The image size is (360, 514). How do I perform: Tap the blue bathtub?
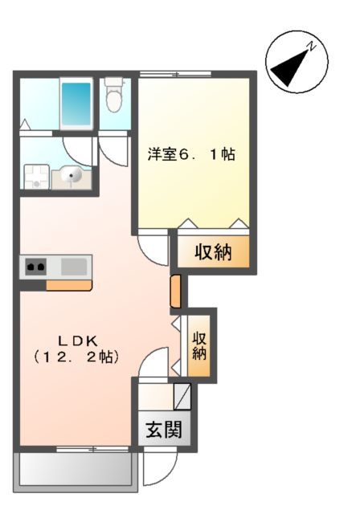(77, 103)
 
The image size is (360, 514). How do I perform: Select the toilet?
(113, 97)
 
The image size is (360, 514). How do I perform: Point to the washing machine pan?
(35, 176)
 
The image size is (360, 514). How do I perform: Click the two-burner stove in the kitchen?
(35, 266)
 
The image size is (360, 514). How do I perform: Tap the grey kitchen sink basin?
(74, 266)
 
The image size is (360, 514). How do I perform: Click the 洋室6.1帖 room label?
(191, 153)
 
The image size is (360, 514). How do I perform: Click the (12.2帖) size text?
(77, 358)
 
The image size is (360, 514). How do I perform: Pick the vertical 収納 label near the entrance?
(200, 345)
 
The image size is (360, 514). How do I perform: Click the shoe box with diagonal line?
(182, 396)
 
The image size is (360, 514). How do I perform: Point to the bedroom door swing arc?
(153, 245)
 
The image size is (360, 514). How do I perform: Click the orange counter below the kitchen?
(69, 284)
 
